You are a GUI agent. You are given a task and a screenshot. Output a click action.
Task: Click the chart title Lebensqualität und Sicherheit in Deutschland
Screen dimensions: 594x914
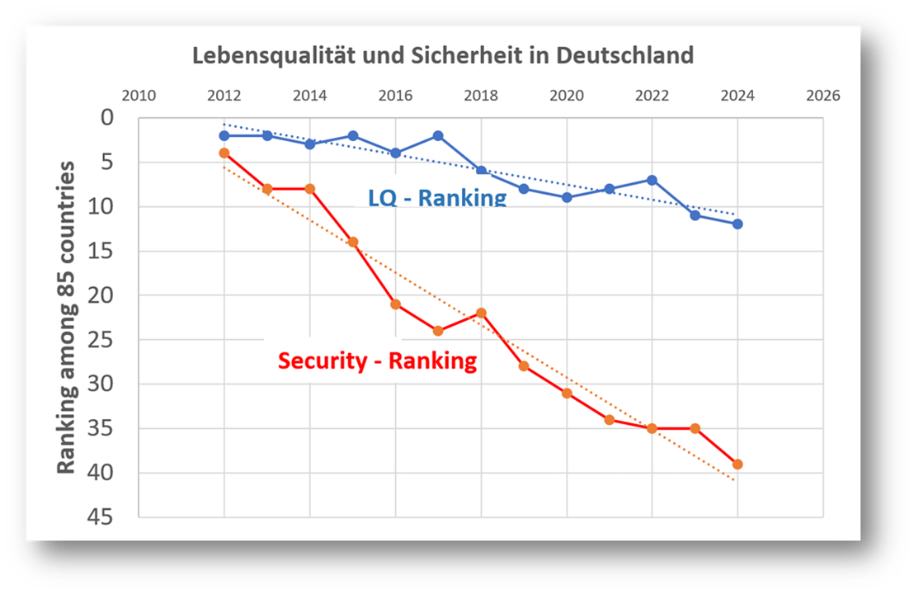tap(443, 56)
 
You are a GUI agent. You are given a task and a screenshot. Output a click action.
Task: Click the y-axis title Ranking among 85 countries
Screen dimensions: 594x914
tap(66, 318)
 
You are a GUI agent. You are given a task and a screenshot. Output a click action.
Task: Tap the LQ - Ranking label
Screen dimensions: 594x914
tap(437, 198)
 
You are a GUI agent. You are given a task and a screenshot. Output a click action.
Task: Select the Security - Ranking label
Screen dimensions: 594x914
tap(377, 361)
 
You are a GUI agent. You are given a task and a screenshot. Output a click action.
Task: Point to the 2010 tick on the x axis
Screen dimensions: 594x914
tap(139, 96)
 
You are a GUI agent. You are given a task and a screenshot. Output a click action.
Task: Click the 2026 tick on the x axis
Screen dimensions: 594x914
tap(822, 96)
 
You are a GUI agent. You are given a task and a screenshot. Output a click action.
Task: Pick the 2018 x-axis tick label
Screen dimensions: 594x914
tap(481, 96)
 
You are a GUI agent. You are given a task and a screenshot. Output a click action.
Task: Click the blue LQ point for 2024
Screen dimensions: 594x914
tap(737, 224)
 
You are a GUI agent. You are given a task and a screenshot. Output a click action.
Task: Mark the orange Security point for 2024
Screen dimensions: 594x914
tap(737, 464)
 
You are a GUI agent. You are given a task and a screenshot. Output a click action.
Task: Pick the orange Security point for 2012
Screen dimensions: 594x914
tap(224, 153)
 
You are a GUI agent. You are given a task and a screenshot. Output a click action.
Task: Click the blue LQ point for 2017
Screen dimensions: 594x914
tap(438, 135)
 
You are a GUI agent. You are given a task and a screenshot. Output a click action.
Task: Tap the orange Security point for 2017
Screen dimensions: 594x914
tap(438, 331)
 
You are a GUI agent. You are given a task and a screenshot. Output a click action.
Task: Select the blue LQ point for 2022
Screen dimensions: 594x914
tap(652, 180)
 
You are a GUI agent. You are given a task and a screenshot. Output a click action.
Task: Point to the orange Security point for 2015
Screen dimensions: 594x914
tap(353, 242)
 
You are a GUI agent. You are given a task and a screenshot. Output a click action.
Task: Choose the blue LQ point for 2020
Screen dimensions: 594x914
tap(567, 197)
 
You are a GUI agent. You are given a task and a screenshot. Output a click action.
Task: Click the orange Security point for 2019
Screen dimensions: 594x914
tap(524, 366)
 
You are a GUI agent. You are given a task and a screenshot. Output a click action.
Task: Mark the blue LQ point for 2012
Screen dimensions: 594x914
tap(224, 135)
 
